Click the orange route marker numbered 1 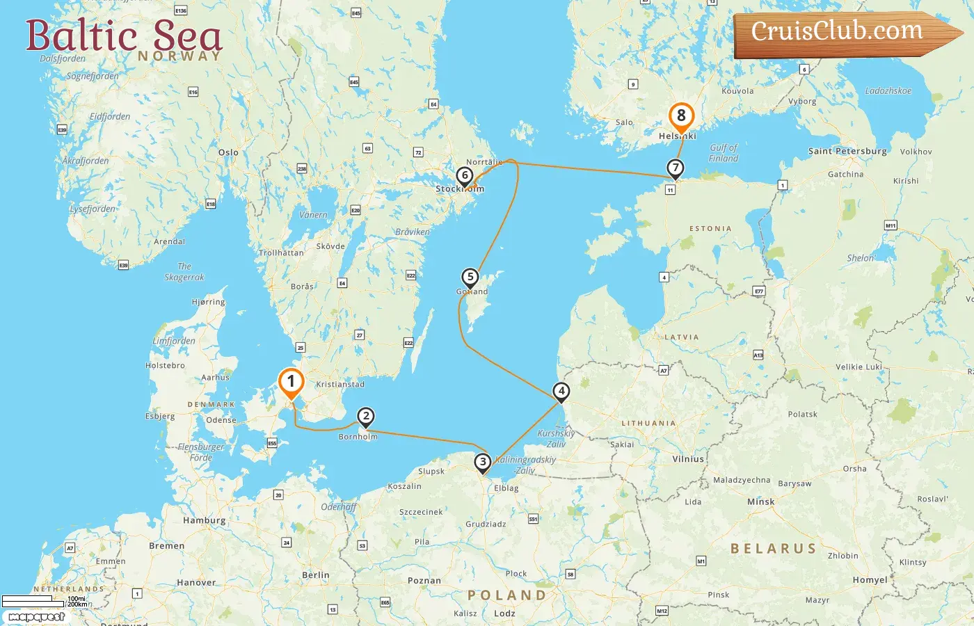(x=291, y=382)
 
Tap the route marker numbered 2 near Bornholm (x=365, y=417)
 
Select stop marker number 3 (x=482, y=462)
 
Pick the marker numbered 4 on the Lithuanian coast (x=561, y=392)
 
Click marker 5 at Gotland (x=470, y=278)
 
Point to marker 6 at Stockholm (x=465, y=176)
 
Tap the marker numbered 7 (x=675, y=168)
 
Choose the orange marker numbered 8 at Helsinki (x=681, y=116)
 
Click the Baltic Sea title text (x=123, y=36)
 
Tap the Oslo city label (x=228, y=152)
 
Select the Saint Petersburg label (x=847, y=151)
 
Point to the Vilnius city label (x=688, y=459)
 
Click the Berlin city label (x=316, y=575)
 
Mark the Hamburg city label (x=204, y=520)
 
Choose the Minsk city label (x=760, y=501)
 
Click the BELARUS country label (x=773, y=549)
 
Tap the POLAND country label (x=506, y=595)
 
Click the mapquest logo (x=36, y=617)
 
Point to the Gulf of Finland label (x=724, y=153)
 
